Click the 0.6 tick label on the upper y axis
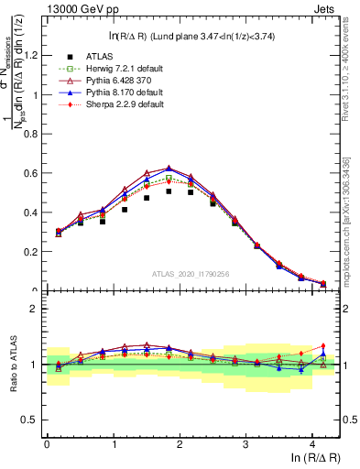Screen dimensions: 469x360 [27, 172]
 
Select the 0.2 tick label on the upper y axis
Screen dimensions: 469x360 [27, 251]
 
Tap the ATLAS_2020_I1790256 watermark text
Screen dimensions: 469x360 [191, 273]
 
